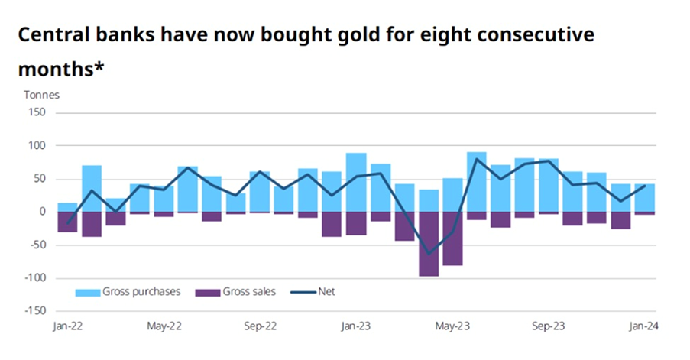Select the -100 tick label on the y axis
[34, 278]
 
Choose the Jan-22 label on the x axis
[67, 326]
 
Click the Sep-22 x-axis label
[260, 326]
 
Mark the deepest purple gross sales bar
[429, 244]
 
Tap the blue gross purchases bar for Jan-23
[356, 183]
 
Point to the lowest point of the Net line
[429, 254]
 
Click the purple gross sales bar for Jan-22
[67, 222]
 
